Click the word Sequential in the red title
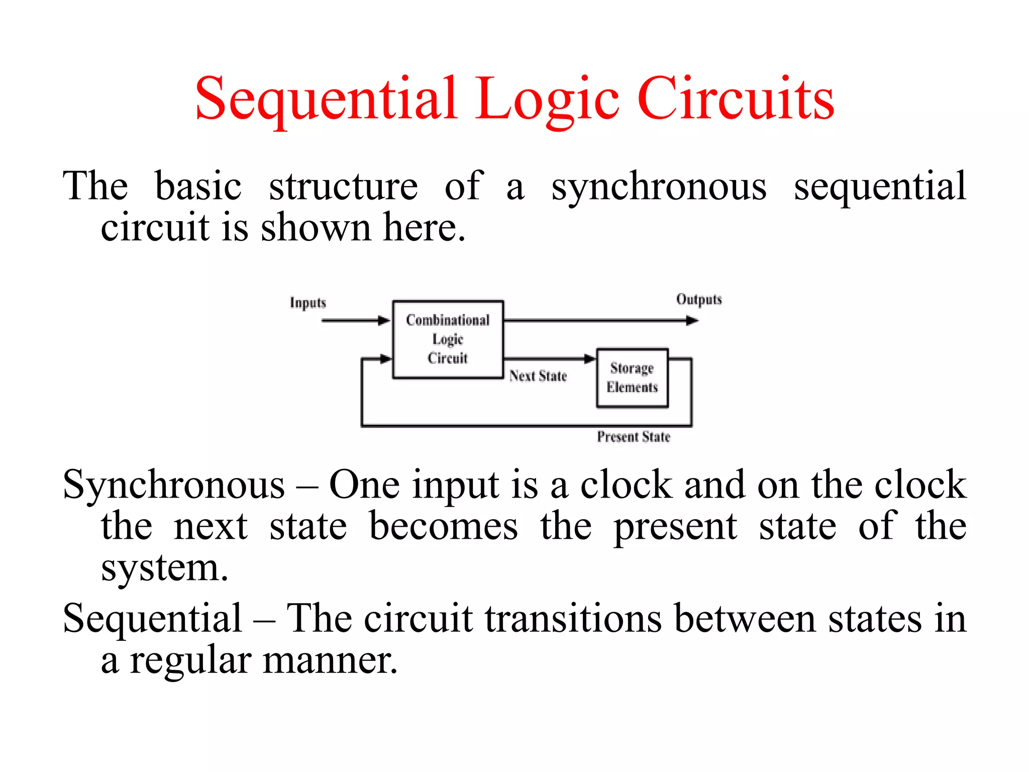pos(327,99)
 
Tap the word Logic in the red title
pos(548,99)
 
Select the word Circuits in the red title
pos(736,99)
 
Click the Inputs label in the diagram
pos(308,303)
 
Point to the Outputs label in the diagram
pos(699,300)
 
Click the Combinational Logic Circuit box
pos(448,339)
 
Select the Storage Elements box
pos(632,378)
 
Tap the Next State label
pos(538,376)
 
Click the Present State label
pos(634,437)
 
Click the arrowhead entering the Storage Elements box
pos(590,359)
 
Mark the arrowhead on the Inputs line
pos(384,321)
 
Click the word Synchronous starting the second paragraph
pos(174,485)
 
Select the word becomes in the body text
pos(443,527)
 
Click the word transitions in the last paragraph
pos(573,619)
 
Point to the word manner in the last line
pos(330,660)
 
